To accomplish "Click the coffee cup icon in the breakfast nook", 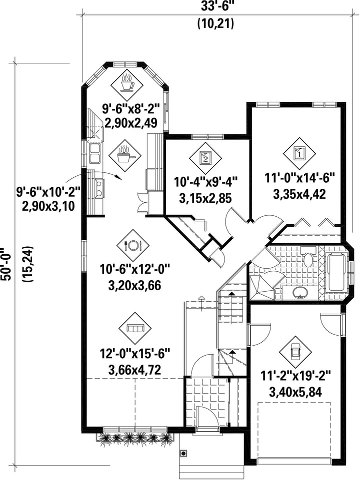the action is pyautogui.click(x=127, y=83).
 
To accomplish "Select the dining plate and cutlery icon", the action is pyautogui.click(x=133, y=245).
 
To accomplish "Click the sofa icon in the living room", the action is pyautogui.click(x=135, y=328).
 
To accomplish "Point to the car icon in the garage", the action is pyautogui.click(x=295, y=351).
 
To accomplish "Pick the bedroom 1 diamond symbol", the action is pyautogui.click(x=299, y=152).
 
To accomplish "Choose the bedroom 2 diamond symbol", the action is pyautogui.click(x=205, y=158).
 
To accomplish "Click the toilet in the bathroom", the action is pyautogui.click(x=308, y=258).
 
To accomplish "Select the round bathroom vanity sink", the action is pyautogui.click(x=299, y=292).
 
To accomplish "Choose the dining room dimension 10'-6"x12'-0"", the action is pyautogui.click(x=135, y=271).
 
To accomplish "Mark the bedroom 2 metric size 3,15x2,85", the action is pyautogui.click(x=205, y=197).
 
